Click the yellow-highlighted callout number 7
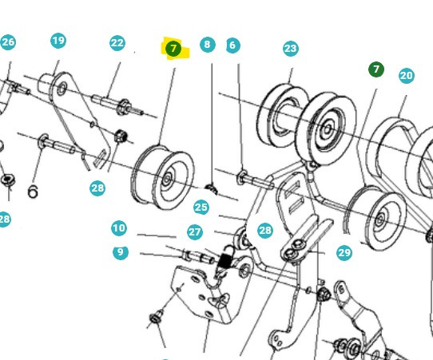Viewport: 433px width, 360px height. point(173,49)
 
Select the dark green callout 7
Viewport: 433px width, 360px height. point(376,70)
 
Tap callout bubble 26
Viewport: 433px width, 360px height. point(8,42)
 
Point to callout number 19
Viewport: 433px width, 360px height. point(58,41)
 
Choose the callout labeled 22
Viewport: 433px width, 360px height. point(117,43)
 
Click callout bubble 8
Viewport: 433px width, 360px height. point(208,45)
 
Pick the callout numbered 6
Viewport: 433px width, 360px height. point(232,45)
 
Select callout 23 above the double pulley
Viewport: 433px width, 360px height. point(290,49)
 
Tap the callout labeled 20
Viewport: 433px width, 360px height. point(406,76)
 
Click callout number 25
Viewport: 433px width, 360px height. point(201,208)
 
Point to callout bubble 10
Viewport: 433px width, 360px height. point(119,228)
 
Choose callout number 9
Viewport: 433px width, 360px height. point(120,252)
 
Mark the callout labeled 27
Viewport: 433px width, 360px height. point(195,231)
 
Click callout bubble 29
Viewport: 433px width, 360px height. point(344,252)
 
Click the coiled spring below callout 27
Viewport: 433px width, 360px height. point(225,259)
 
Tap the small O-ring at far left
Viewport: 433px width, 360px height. point(33,192)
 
